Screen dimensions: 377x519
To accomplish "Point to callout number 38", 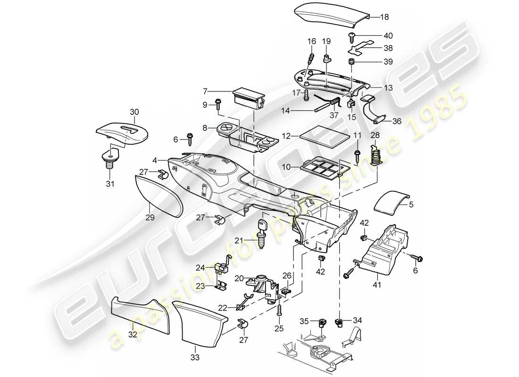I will (x=388, y=48).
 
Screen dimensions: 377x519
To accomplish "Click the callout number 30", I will (x=134, y=112).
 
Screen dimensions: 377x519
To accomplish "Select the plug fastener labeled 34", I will (x=338, y=323).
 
